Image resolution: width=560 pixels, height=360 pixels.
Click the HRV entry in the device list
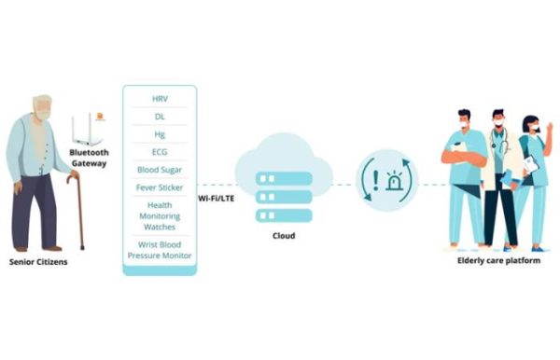coord(160,98)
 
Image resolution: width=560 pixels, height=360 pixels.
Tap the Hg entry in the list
coord(160,133)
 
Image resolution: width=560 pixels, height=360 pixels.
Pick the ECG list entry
coord(160,151)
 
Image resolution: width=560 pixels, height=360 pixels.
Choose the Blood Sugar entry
coord(160,170)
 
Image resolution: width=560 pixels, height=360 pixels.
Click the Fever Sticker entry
coord(160,187)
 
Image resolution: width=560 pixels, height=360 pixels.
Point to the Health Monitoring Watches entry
coord(160,215)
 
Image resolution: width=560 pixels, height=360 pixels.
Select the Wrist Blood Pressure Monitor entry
coord(160,250)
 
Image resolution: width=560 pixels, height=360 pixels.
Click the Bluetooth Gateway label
coord(90,158)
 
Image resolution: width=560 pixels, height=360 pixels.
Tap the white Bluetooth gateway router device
coord(90,129)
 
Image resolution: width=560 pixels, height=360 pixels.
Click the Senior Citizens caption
coord(39,262)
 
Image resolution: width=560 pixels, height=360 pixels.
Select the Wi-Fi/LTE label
coord(216,199)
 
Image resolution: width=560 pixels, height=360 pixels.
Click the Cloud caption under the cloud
coord(284,236)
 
